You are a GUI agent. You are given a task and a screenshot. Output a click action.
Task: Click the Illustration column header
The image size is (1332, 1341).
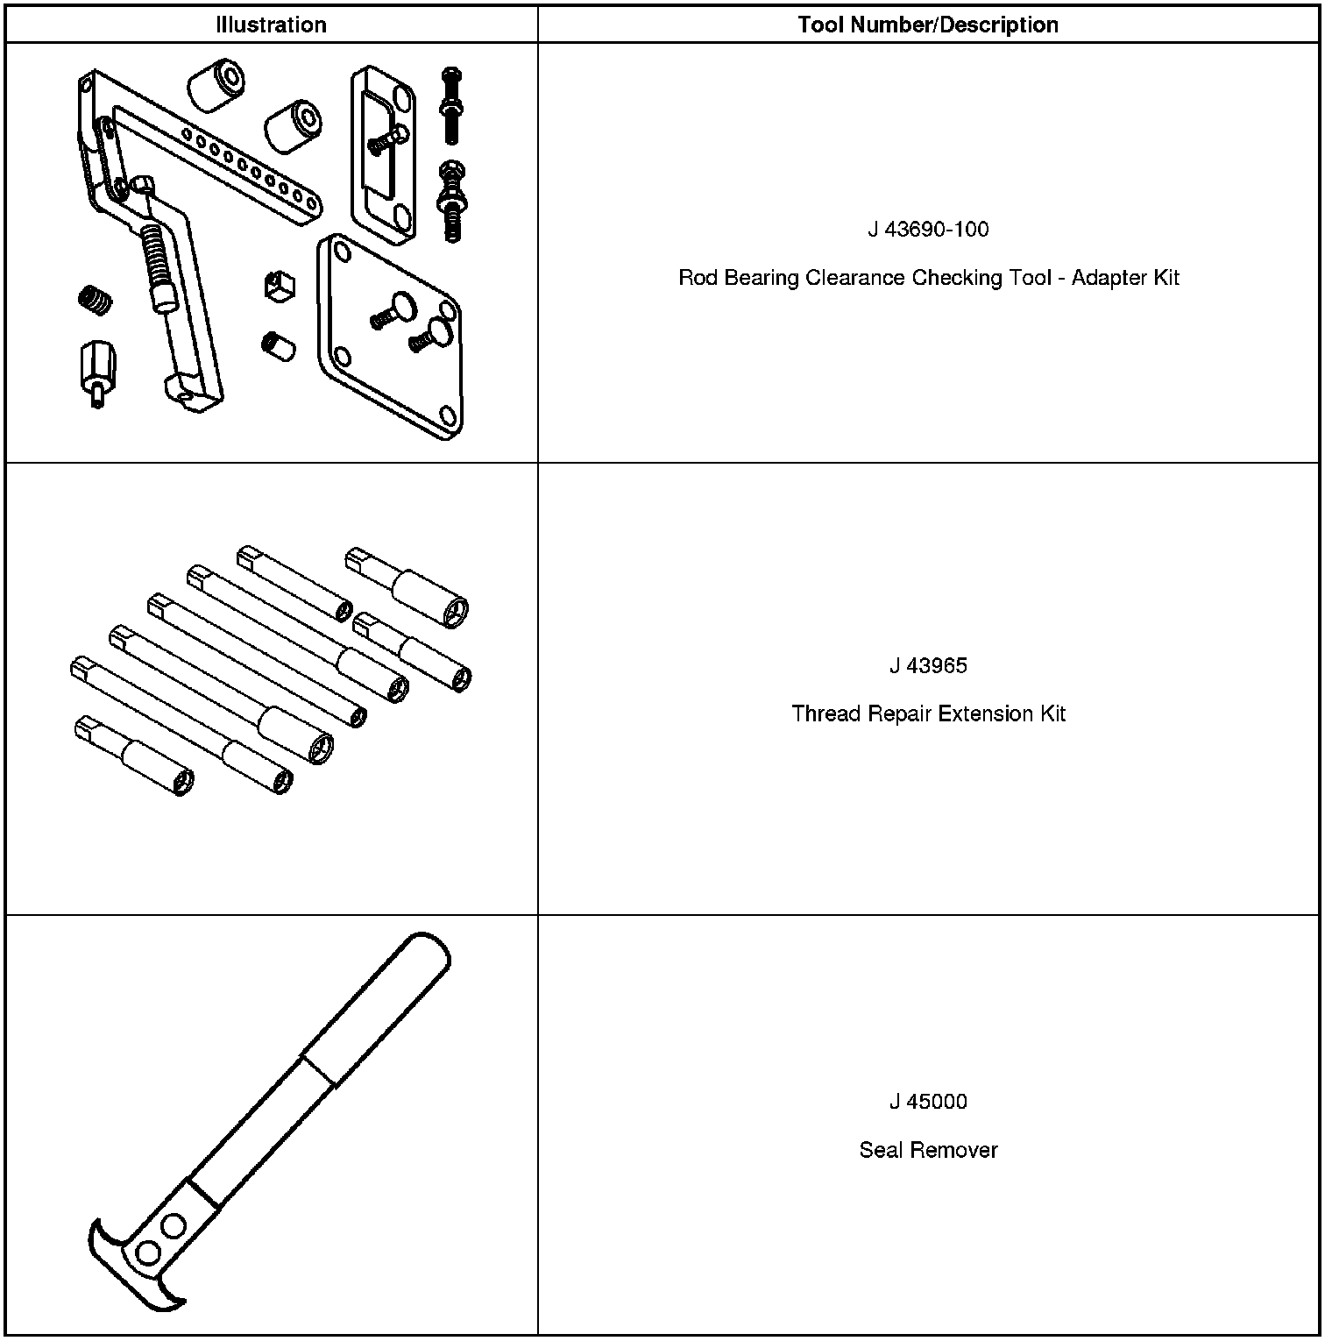coord(271,25)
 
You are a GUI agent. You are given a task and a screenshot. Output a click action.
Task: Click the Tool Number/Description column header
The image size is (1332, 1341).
coord(928,25)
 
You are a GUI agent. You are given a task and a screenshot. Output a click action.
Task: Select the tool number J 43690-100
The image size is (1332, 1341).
coord(928,230)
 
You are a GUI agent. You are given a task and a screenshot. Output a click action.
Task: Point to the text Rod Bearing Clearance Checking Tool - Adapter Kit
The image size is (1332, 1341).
coord(928,278)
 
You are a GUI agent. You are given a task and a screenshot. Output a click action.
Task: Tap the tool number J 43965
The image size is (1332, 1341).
coord(928,666)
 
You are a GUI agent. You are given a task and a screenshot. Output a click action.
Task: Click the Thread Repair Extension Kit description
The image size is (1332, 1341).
coord(928,713)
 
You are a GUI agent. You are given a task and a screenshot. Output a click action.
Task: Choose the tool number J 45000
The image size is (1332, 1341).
coord(928,1102)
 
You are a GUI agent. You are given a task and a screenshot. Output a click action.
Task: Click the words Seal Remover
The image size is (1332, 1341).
coord(928,1150)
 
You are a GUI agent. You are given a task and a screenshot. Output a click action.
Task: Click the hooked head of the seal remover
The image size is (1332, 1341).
coord(140,1262)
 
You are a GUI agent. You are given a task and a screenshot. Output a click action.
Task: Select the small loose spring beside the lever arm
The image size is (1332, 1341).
coord(95,300)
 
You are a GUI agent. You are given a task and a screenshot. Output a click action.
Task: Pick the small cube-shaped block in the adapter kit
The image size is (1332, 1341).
coord(280,286)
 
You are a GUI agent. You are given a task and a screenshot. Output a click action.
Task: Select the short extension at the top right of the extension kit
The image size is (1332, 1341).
coord(407,585)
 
